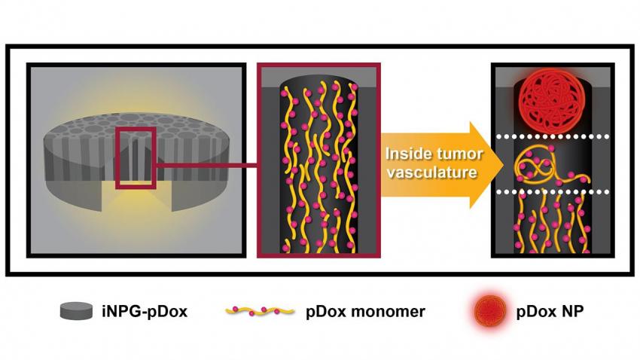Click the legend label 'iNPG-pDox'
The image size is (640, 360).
click(143, 310)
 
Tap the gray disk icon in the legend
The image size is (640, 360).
click(77, 310)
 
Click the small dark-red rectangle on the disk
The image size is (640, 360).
click(136, 157)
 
